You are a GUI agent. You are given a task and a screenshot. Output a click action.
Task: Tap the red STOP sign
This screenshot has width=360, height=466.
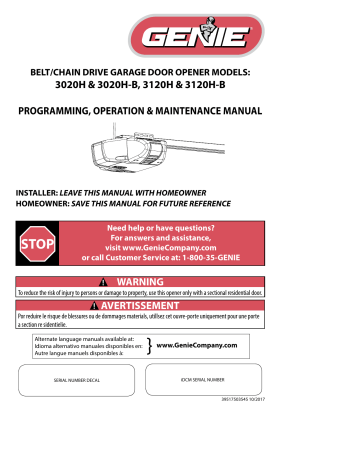point(39,242)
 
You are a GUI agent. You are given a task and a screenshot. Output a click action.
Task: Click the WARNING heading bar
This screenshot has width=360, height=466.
point(180,282)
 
